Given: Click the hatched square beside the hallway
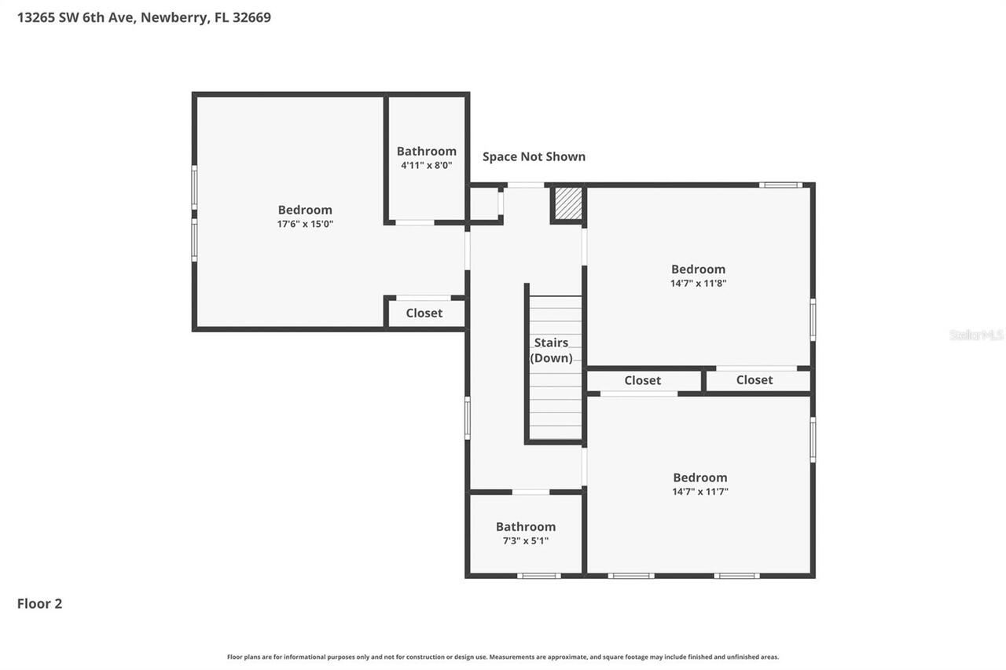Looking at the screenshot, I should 568,203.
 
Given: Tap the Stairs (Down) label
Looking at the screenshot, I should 551,350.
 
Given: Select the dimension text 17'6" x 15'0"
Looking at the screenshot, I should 305,224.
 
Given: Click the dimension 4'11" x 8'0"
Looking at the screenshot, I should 426,165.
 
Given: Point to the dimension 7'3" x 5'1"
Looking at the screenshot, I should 526,540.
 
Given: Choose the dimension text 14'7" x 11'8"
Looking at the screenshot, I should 698,284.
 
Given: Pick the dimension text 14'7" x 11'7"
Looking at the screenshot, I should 699,492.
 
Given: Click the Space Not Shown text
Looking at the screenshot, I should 534,156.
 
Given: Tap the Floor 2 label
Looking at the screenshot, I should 39,603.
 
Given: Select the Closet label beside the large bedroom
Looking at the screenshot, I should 424,313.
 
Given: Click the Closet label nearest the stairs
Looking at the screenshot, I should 642,380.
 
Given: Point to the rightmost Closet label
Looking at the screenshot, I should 754,379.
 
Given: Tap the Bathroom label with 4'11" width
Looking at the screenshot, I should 426,151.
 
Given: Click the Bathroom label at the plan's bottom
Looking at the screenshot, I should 526,526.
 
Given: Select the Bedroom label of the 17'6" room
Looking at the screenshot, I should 305,210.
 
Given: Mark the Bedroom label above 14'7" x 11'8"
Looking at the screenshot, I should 698,269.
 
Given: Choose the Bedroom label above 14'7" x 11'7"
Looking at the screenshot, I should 699,477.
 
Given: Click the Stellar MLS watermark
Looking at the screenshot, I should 976,335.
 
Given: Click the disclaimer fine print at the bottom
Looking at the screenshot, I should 503,657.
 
